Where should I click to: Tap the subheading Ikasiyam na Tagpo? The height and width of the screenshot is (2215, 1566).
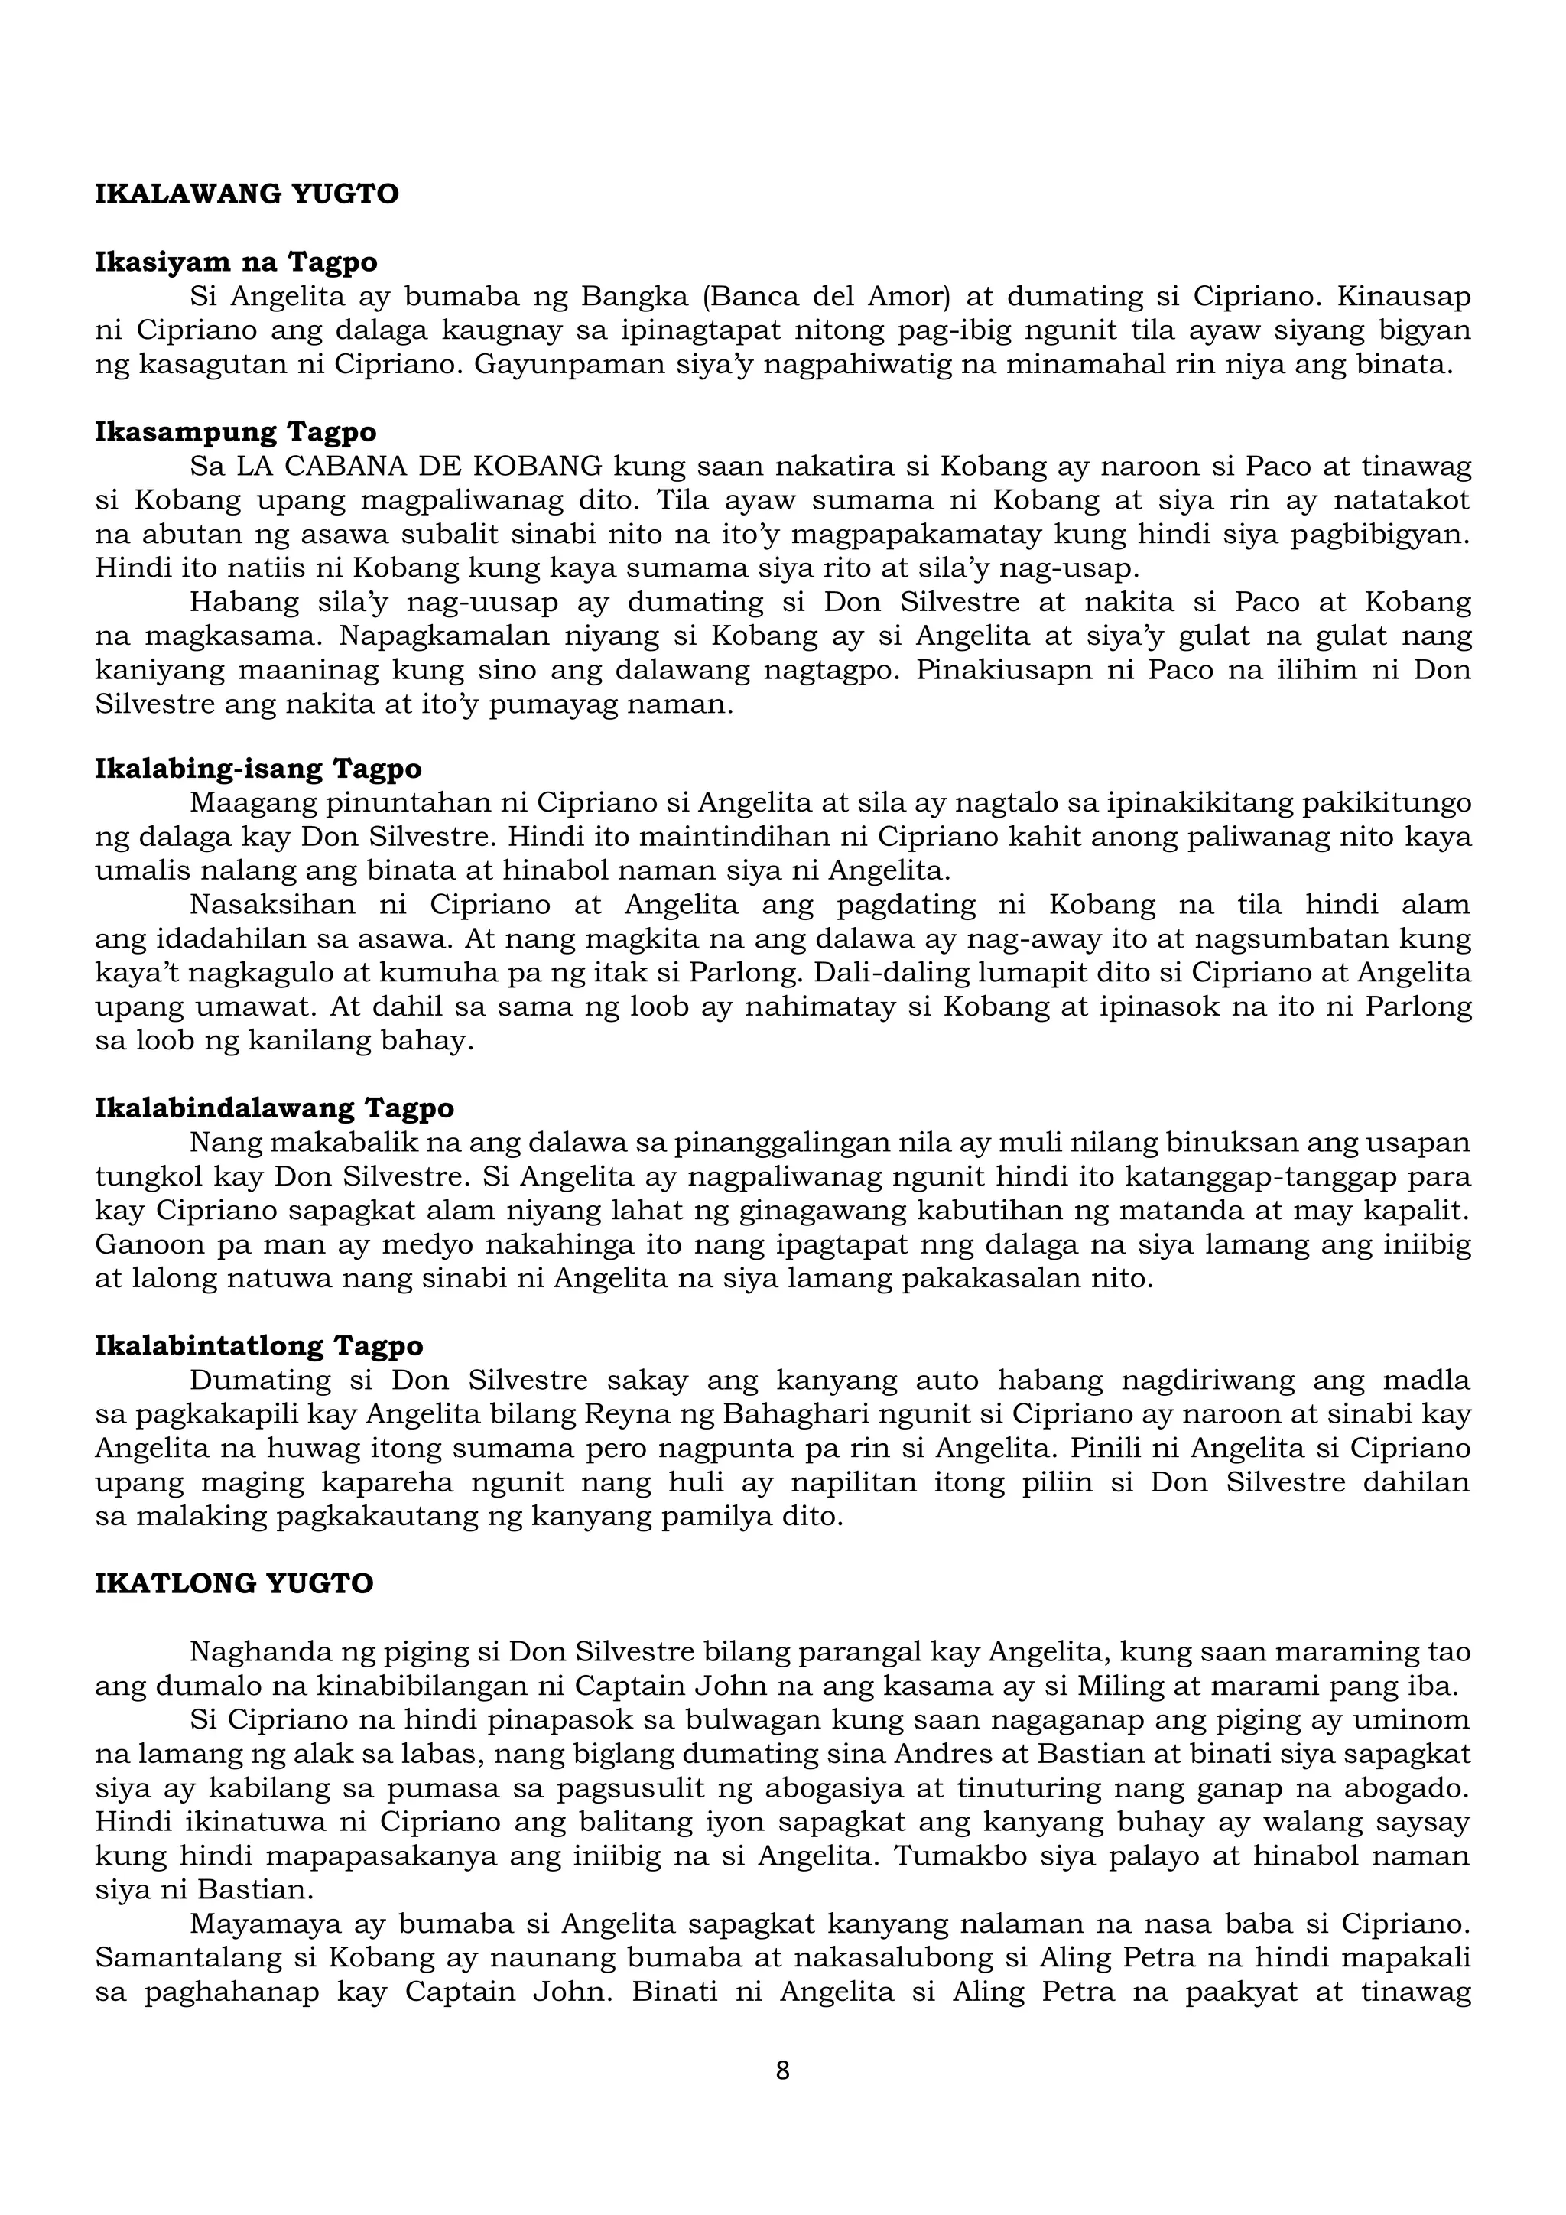click(x=236, y=262)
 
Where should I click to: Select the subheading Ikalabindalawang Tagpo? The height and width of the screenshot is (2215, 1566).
click(x=274, y=1107)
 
